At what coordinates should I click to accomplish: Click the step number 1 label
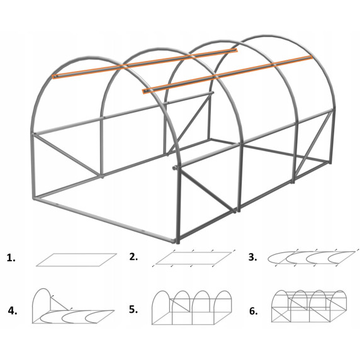point(11,258)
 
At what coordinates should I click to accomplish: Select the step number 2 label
point(133,257)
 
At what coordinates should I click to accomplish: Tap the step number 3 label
point(252,257)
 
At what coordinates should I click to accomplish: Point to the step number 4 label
point(13,311)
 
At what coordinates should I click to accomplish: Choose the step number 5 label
point(133,310)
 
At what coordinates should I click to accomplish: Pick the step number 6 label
point(253,311)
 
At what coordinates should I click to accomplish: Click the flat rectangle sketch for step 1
point(76,260)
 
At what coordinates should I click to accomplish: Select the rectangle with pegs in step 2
point(194,258)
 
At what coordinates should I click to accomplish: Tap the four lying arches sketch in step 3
point(312,257)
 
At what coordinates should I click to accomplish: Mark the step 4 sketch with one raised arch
point(73,306)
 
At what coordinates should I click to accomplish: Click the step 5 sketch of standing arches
point(192,308)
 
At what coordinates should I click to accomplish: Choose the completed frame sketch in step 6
point(309,306)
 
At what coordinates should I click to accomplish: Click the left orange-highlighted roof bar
point(145,64)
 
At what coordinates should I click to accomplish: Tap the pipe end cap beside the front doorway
point(175,168)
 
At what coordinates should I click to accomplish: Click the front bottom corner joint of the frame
point(177,241)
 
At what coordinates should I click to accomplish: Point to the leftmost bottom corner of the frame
point(35,198)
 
